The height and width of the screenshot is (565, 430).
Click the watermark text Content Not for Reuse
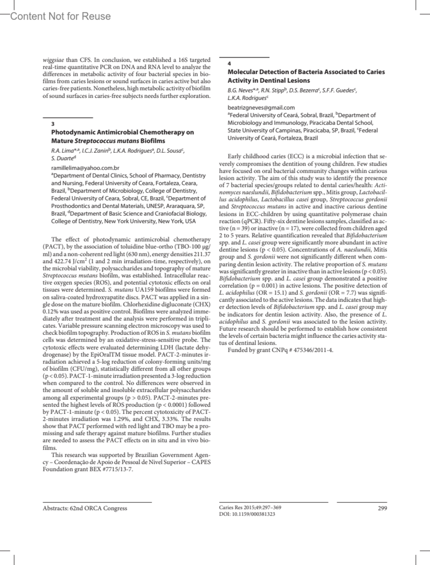click(61, 16)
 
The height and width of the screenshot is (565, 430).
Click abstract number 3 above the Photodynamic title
click(53, 124)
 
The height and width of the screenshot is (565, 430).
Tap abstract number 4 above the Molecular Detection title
click(229, 63)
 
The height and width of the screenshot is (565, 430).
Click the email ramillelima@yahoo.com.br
click(85, 168)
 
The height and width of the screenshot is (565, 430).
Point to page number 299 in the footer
click(382, 508)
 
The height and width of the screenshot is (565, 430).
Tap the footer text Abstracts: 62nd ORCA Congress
click(85, 508)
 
